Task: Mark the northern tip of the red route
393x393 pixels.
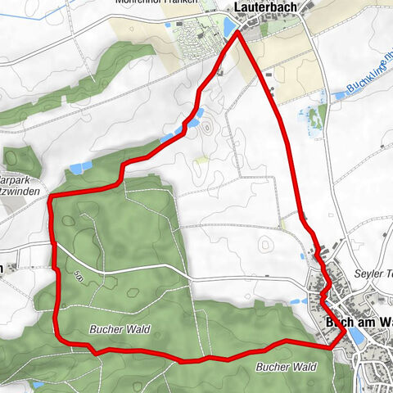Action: click(x=238, y=32)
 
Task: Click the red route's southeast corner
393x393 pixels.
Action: click(x=334, y=346)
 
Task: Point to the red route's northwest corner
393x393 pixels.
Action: click(x=51, y=199)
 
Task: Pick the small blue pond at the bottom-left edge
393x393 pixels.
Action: click(x=38, y=383)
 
